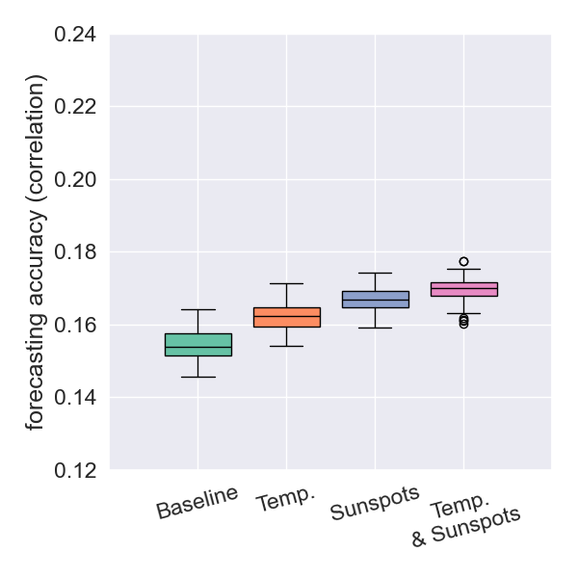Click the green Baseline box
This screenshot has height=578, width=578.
[198, 345]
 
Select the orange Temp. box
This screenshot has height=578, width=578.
[287, 317]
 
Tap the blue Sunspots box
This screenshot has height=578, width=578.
[375, 300]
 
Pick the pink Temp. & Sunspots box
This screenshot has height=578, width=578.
[463, 289]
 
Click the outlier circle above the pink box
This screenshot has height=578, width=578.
[463, 261]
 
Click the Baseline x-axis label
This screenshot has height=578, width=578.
[197, 503]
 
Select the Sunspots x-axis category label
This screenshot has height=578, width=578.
[375, 504]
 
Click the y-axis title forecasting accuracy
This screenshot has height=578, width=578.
[36, 252]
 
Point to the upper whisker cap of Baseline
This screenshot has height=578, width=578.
[198, 309]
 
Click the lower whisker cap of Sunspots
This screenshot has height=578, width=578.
[375, 328]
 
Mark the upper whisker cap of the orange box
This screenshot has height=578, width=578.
[287, 283]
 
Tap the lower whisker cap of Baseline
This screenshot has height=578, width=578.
[198, 377]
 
